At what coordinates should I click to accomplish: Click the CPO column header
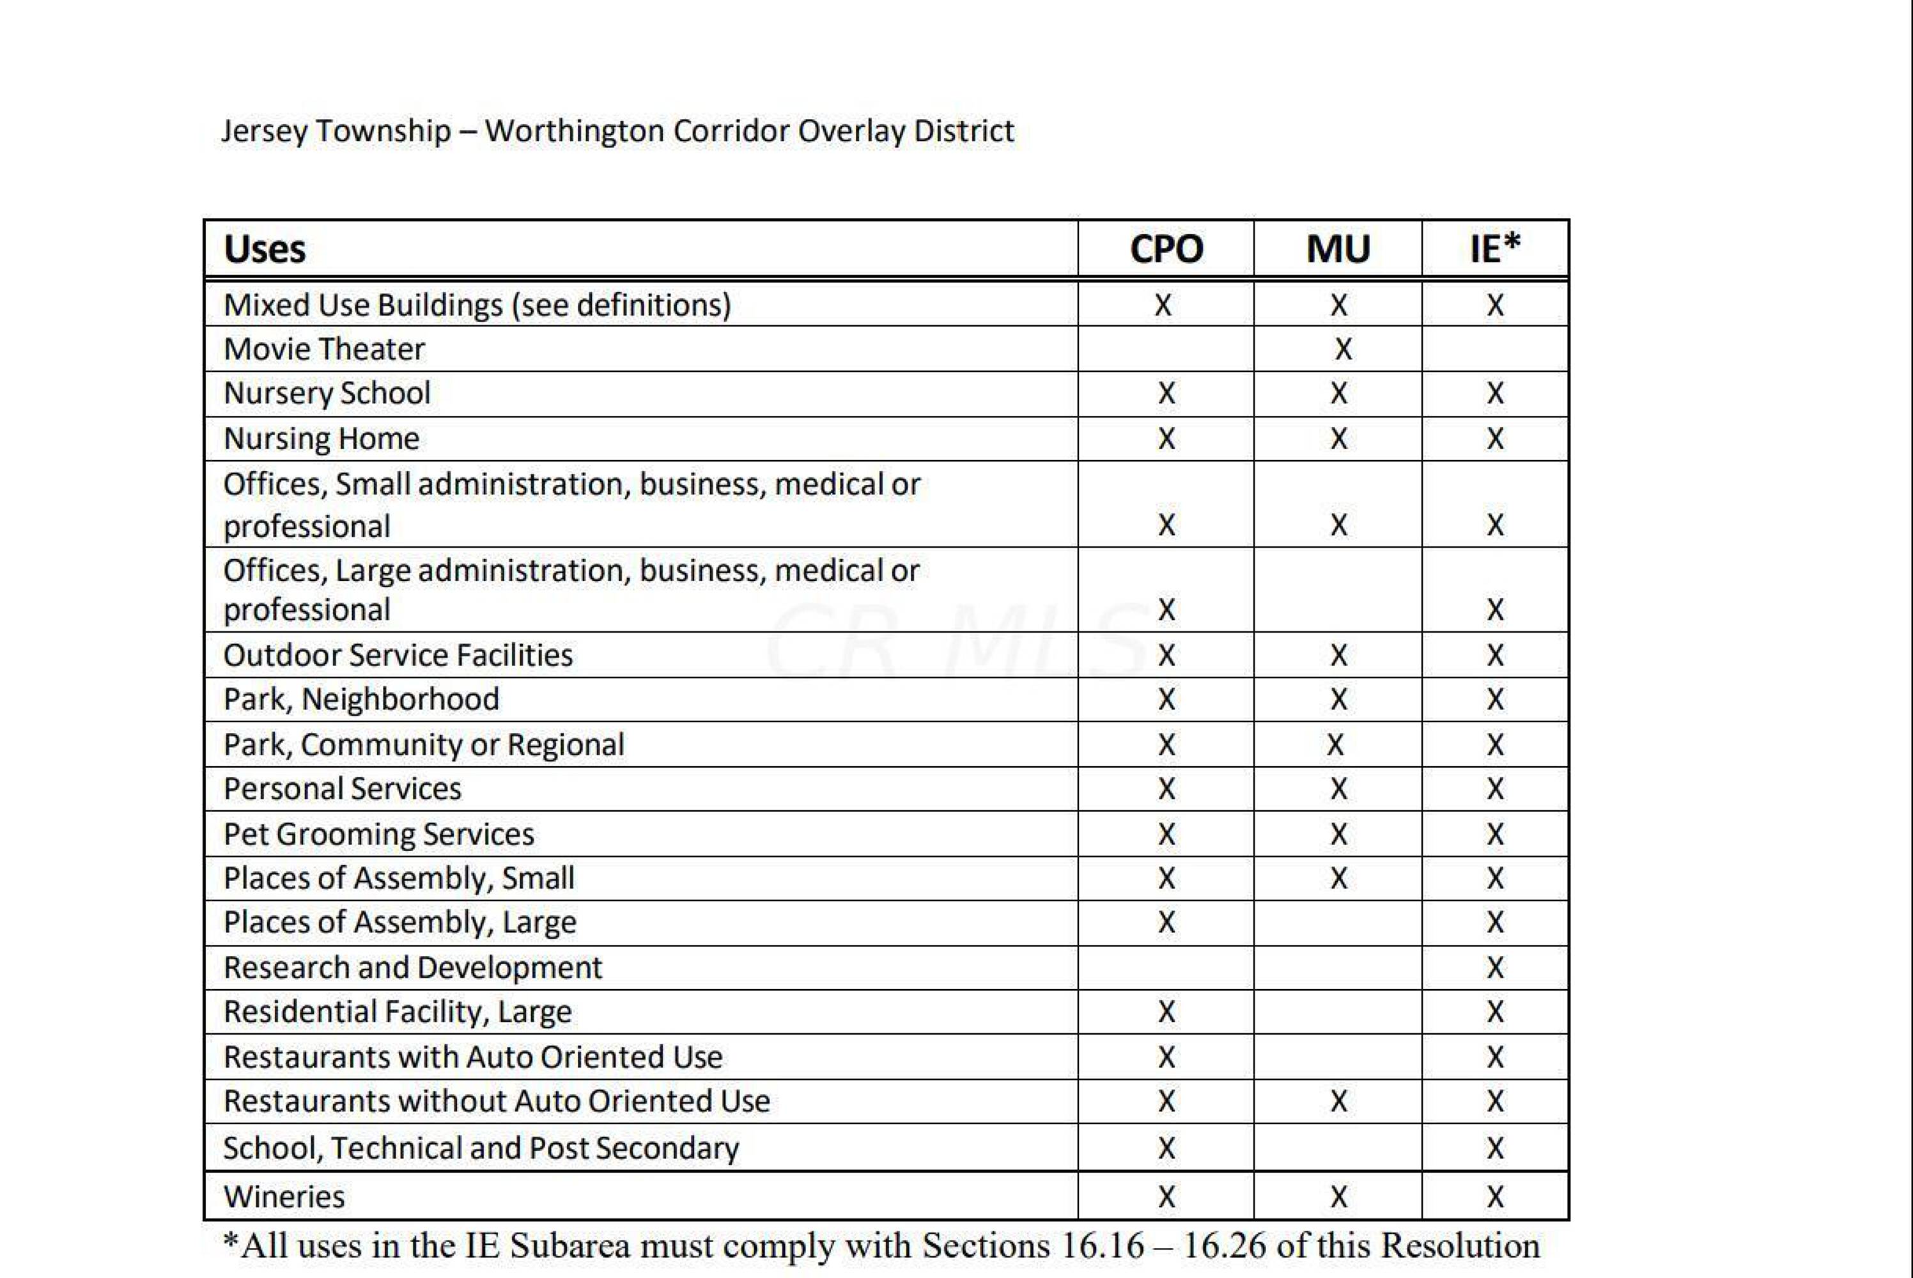(1166, 249)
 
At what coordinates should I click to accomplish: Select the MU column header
(1338, 249)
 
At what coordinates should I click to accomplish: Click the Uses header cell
(265, 249)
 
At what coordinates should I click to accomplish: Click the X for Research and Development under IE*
(1495, 967)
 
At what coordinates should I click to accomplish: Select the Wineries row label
(284, 1196)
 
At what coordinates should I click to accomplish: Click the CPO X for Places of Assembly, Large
(1166, 923)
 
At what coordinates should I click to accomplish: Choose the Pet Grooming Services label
(379, 834)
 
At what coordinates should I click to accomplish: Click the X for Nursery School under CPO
(1166, 394)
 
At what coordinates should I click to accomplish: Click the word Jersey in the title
(263, 130)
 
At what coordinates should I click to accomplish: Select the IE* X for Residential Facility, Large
(1495, 1012)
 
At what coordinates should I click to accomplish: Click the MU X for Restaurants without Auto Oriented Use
(1338, 1102)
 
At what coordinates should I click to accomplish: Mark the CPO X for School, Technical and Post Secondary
(1166, 1148)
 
